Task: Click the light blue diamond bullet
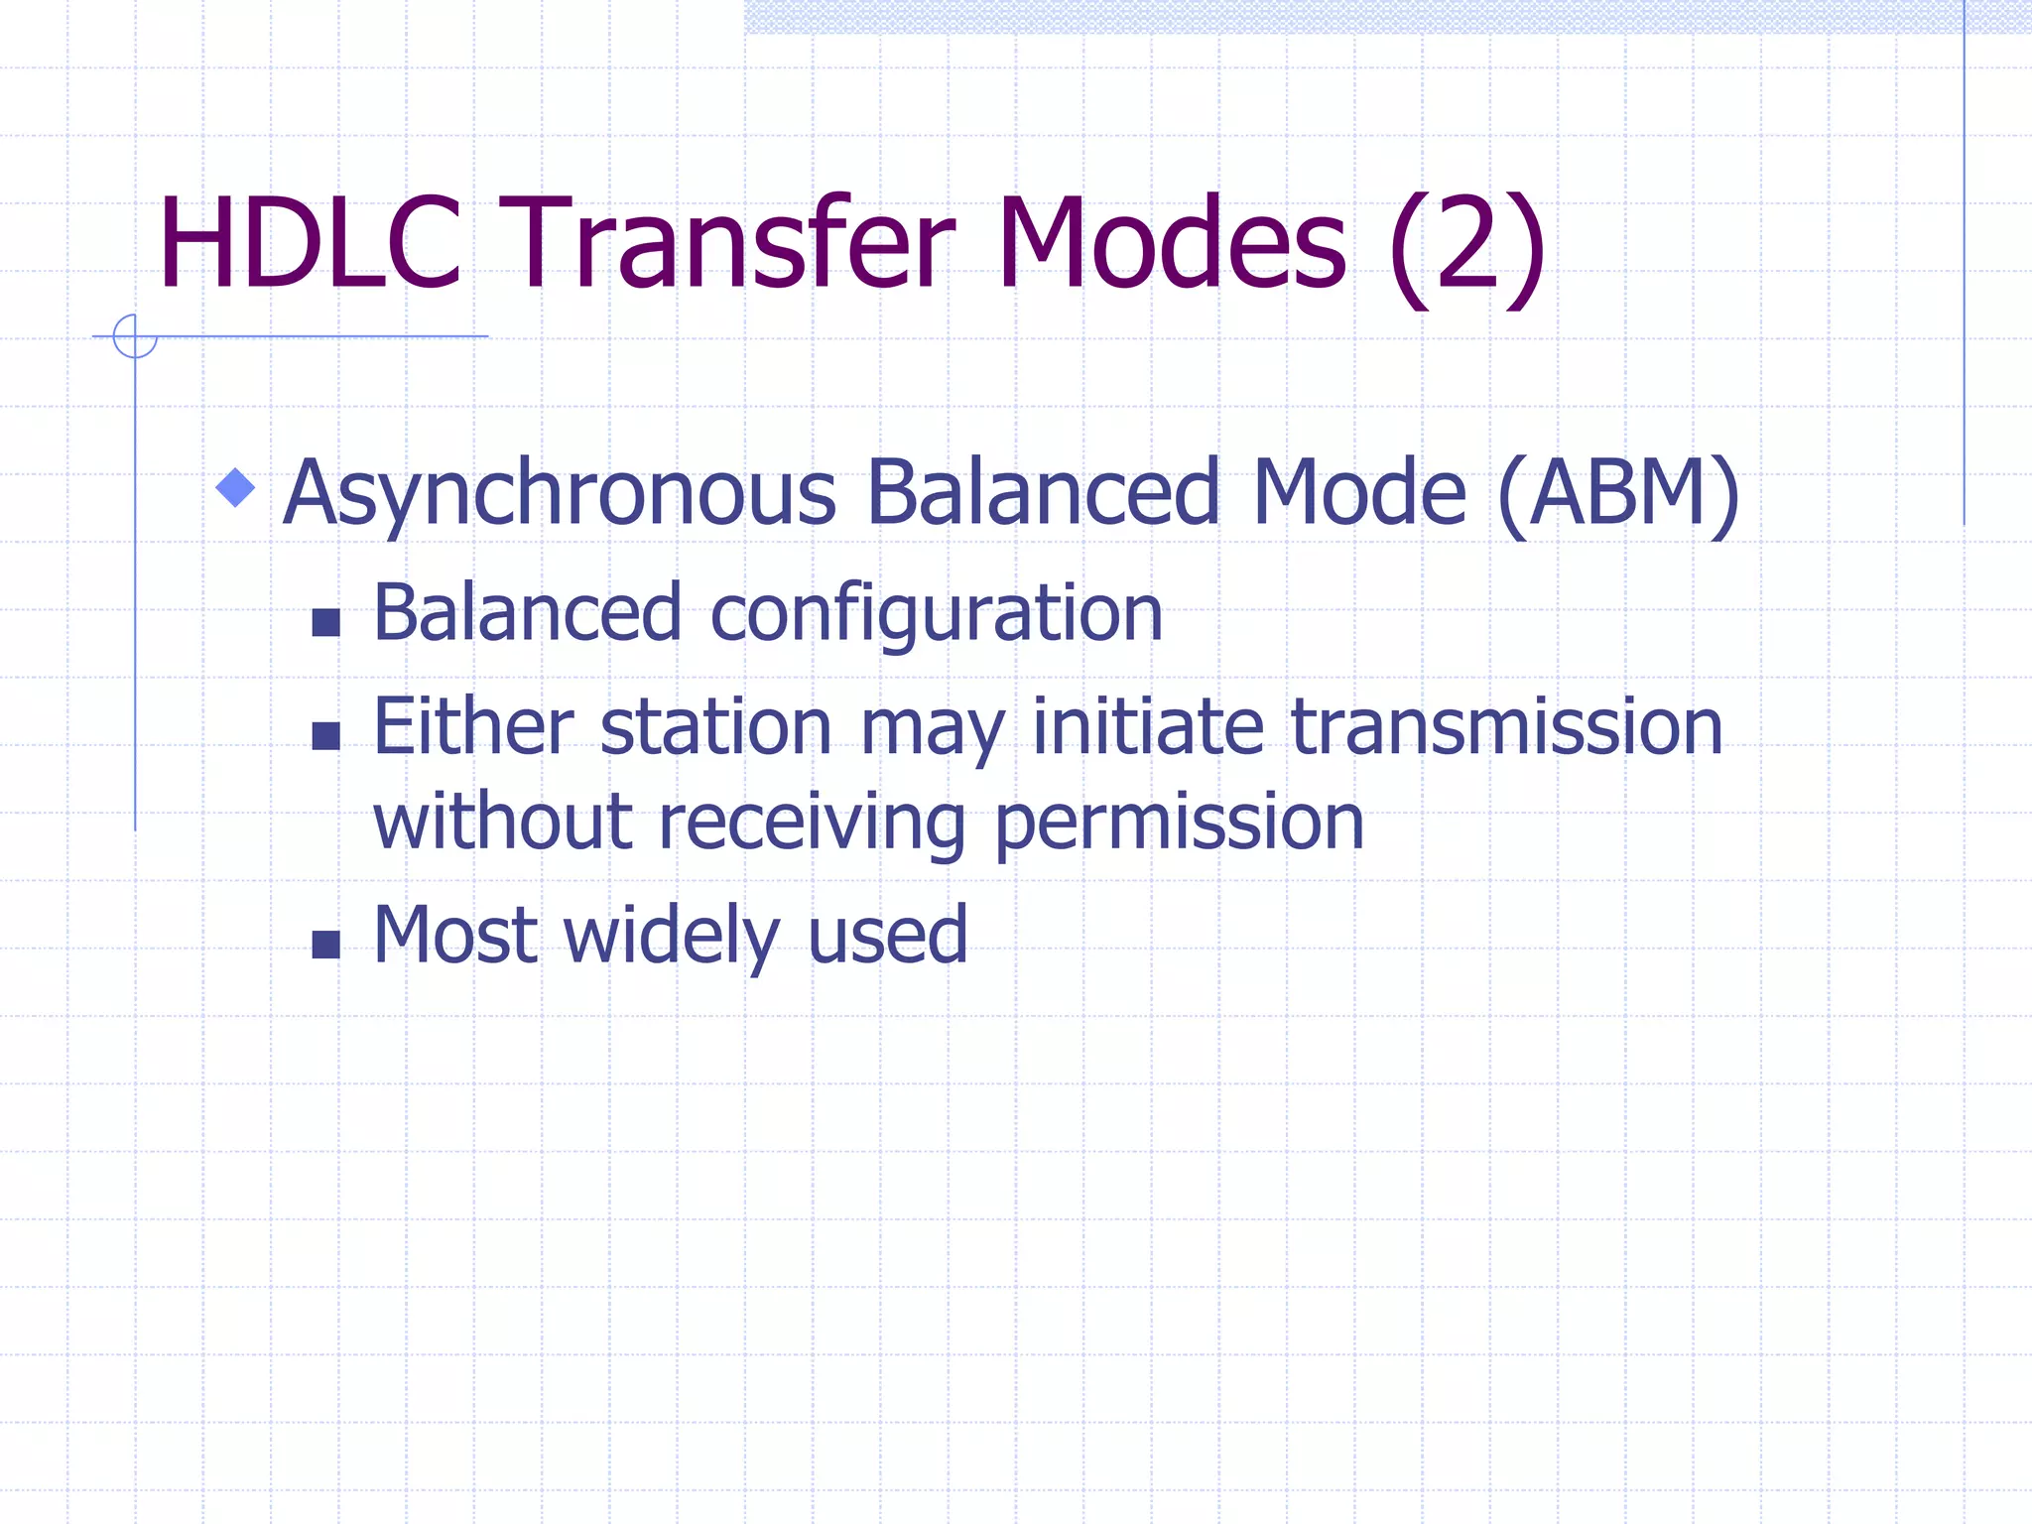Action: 235,487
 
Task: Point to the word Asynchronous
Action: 560,494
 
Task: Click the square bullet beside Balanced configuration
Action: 325,622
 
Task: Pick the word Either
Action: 473,727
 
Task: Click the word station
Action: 715,727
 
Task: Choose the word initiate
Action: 1148,727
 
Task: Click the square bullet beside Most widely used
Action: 325,944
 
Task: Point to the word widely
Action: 672,937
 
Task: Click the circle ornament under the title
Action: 135,335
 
